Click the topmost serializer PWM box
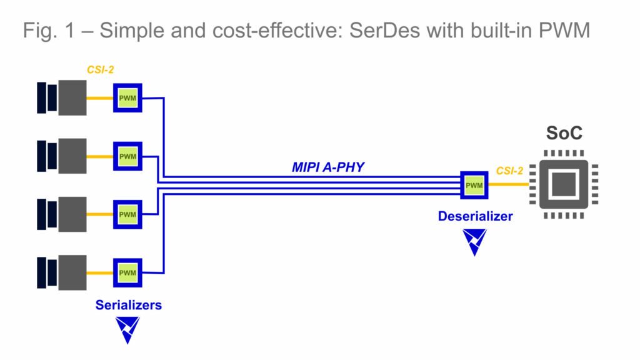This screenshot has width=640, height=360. click(x=127, y=98)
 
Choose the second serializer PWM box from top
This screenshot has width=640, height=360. click(x=127, y=156)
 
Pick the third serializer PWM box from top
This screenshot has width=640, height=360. click(x=127, y=214)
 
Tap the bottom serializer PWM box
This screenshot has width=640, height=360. click(x=127, y=272)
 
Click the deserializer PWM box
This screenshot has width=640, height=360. click(x=474, y=185)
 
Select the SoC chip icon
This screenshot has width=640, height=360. click(x=564, y=185)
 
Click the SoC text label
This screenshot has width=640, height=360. click(x=564, y=134)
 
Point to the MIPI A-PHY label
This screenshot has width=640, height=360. click(x=327, y=167)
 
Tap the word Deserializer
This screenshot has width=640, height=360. click(x=475, y=216)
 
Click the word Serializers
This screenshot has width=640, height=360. click(x=128, y=305)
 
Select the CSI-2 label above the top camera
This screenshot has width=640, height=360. click(x=100, y=70)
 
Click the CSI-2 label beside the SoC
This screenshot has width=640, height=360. click(x=509, y=171)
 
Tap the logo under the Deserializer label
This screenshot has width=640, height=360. click(x=474, y=241)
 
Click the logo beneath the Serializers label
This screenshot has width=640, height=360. click(x=127, y=329)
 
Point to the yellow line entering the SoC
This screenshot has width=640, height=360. click(x=509, y=185)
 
